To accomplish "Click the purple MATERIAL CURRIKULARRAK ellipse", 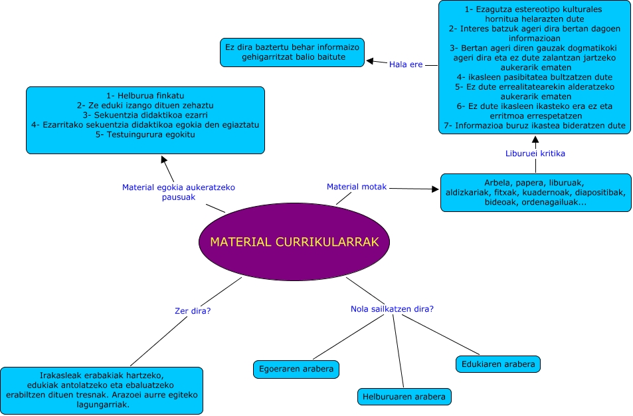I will coord(294,242).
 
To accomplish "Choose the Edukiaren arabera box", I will coord(498,364).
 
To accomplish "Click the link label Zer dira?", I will coord(189,310).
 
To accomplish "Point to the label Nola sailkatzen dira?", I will coord(392,309).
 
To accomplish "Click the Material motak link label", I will coord(357,187).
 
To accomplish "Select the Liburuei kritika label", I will coord(535,154).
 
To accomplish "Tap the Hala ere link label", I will coord(407,64).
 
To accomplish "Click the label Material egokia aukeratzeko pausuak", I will coord(179,192).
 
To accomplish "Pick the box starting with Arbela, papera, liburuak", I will coord(535,193).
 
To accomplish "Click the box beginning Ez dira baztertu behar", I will coord(292,52).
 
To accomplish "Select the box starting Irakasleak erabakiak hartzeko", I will coord(102,390).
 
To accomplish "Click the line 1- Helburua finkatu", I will coord(145,96).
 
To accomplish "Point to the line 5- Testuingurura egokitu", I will coord(145,134).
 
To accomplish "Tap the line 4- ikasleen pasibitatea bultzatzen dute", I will coord(535,77).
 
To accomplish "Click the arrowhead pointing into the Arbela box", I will coord(436,189).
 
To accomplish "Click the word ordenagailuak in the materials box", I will coord(555,202).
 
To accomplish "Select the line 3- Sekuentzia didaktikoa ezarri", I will coord(145,115).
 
